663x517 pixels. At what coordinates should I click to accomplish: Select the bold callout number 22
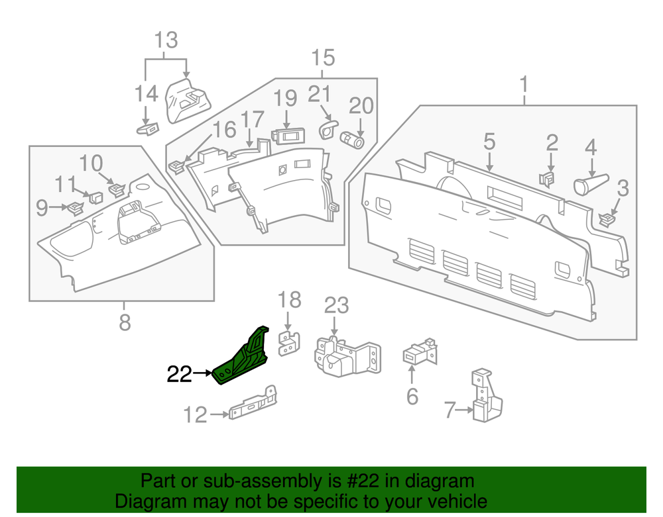pos(179,375)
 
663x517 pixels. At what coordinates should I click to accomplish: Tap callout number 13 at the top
pos(166,40)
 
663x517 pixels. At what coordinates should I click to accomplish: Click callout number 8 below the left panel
pos(125,323)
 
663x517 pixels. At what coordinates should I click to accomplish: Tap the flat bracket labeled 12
pos(252,405)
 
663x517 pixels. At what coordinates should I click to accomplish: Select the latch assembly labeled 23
pos(345,357)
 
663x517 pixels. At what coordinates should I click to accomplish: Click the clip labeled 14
pos(150,126)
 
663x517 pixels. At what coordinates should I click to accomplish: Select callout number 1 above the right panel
pos(524,85)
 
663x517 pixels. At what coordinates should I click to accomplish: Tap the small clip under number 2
pos(548,179)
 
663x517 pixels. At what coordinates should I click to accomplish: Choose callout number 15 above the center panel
pos(324,58)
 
